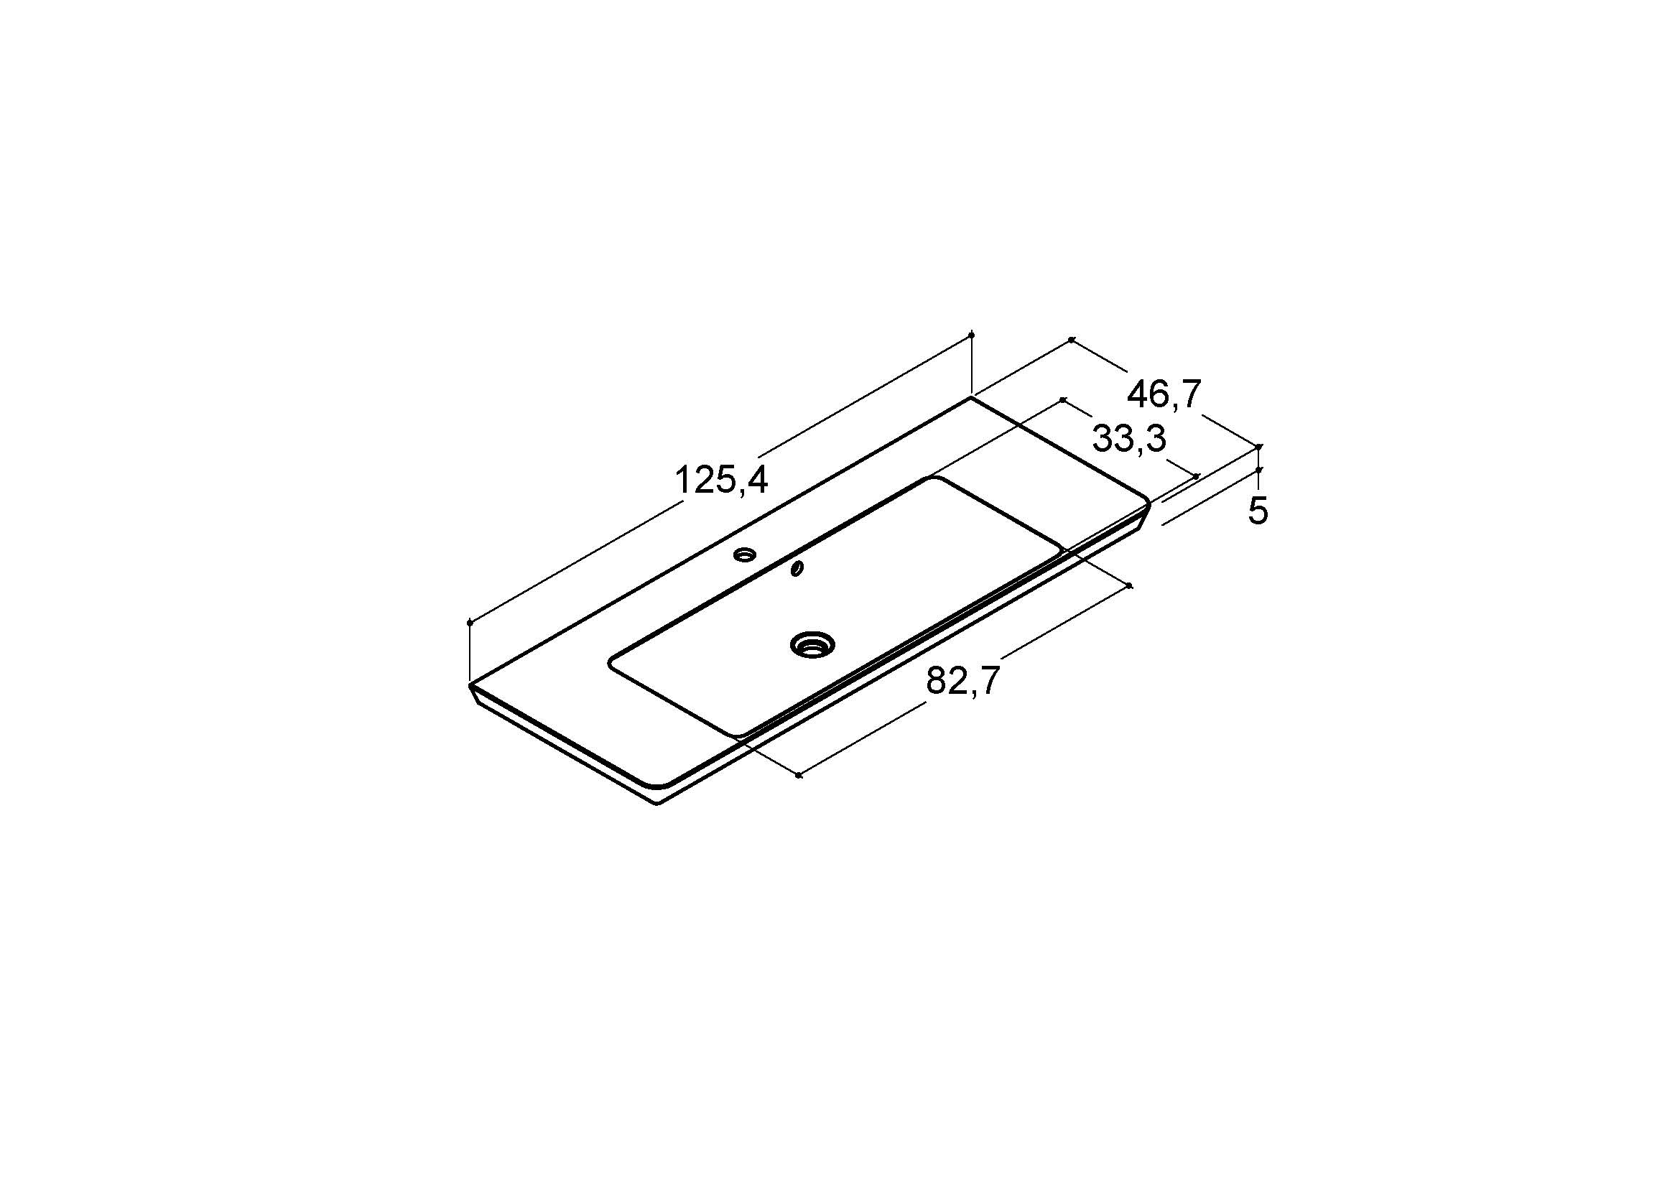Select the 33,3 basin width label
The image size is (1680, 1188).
point(1129,440)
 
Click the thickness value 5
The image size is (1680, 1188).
point(1258,510)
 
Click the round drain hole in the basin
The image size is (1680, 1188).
point(813,644)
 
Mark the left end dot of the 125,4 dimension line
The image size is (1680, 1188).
point(470,623)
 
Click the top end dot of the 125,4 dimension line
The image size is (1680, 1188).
point(972,334)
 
